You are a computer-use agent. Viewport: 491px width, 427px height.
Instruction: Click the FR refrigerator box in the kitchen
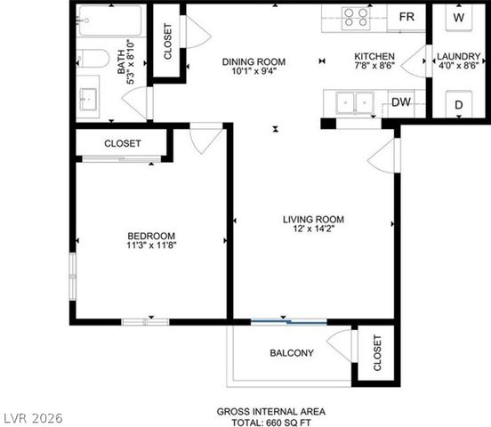[406, 18]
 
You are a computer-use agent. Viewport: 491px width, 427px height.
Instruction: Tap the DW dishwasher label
[400, 103]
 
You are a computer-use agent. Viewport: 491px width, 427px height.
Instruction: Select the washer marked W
[459, 18]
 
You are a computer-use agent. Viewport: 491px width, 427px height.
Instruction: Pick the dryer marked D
[459, 105]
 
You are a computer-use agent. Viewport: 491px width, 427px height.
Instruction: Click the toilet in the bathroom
[92, 59]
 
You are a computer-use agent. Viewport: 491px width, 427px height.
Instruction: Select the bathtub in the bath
[109, 20]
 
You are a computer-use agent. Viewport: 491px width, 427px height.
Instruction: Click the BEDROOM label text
[151, 236]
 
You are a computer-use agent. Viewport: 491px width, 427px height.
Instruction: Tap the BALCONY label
[291, 353]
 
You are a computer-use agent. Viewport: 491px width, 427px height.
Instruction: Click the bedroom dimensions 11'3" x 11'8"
[151, 246]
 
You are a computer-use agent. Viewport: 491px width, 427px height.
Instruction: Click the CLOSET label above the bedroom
[122, 143]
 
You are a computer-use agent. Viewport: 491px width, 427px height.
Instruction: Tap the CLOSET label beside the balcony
[376, 352]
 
